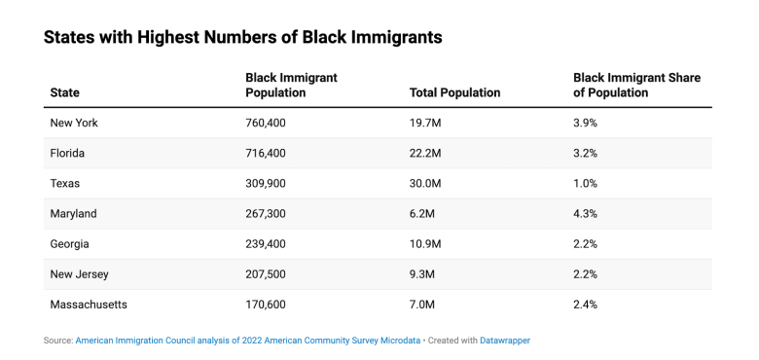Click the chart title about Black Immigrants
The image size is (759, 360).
point(243,37)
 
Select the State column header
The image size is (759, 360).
point(65,92)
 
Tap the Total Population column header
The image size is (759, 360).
point(455,92)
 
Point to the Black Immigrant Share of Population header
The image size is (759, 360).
point(637,86)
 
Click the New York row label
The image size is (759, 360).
point(74,123)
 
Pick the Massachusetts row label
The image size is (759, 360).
point(89,305)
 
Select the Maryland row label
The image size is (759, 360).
point(74,214)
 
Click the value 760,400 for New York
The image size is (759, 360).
point(266,123)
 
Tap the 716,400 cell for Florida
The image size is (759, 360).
point(266,154)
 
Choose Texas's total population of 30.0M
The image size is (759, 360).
point(425,184)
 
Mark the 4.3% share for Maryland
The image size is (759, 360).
point(585,214)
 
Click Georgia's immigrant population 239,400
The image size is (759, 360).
point(266,244)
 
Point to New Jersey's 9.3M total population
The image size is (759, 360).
point(422,274)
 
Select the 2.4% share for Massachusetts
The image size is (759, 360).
point(585,305)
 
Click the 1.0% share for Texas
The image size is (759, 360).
point(585,184)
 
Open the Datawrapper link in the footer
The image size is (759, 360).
point(505,341)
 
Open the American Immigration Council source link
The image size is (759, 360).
point(248,341)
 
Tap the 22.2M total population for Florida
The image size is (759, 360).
point(425,154)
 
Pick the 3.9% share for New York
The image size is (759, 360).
point(585,123)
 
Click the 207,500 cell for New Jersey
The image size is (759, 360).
point(266,274)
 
